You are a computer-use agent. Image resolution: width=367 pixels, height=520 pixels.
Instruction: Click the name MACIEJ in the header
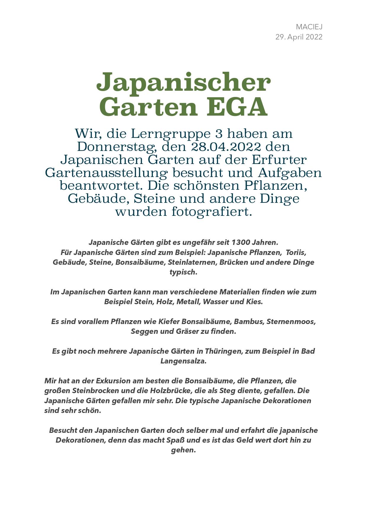click(x=309, y=27)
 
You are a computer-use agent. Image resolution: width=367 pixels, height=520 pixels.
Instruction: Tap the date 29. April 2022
click(x=299, y=37)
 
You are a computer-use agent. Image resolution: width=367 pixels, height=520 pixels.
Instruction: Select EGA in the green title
click(x=237, y=107)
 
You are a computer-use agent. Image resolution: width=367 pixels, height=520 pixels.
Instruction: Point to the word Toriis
click(x=296, y=253)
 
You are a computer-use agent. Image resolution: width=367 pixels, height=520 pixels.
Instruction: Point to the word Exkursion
click(x=113, y=381)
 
